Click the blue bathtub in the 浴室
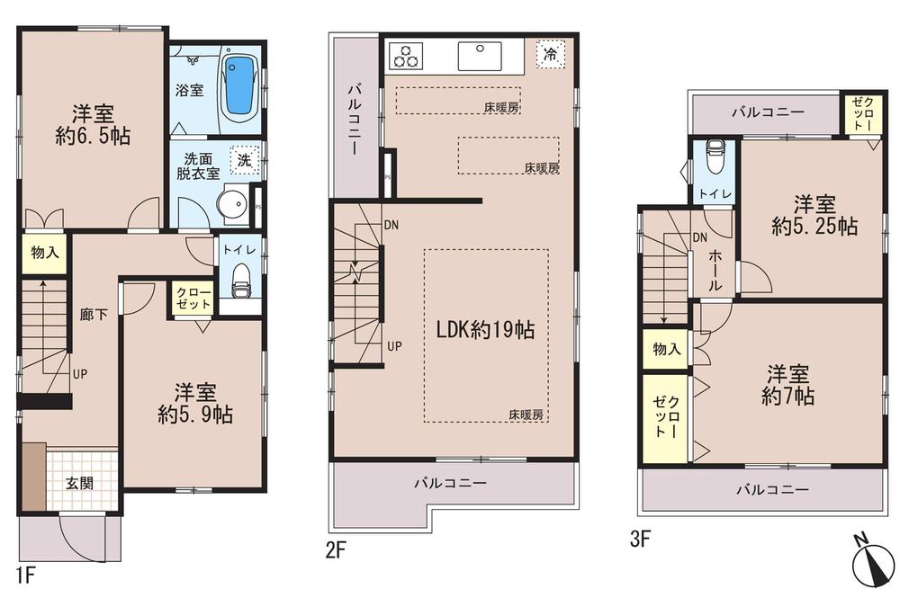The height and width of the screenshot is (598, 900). (x=240, y=87)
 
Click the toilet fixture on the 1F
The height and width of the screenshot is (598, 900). (x=240, y=280)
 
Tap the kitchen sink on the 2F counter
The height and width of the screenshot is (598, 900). (x=479, y=56)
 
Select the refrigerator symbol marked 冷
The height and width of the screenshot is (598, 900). (x=549, y=53)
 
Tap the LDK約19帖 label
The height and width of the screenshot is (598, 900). (x=485, y=330)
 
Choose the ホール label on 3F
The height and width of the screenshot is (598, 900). (x=715, y=269)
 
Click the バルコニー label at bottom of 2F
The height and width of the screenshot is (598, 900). (x=451, y=483)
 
